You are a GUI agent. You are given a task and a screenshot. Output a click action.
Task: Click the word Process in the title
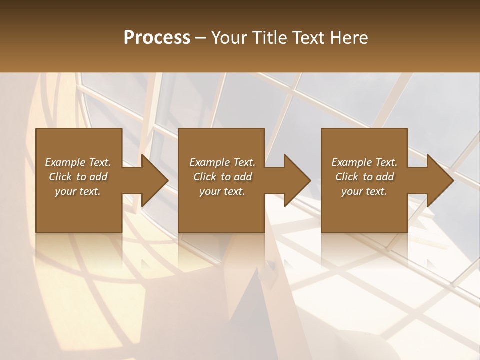point(157,38)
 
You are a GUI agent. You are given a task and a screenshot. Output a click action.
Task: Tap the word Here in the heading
point(349,38)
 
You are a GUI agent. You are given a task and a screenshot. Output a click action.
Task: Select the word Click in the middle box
point(204,177)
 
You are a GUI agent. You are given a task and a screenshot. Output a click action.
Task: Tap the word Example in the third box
point(351,162)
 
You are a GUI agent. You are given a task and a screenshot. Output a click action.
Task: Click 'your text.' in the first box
point(78,191)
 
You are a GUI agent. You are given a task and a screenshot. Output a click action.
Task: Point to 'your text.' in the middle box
point(222,191)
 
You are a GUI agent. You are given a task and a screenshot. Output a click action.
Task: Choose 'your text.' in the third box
point(364,191)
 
